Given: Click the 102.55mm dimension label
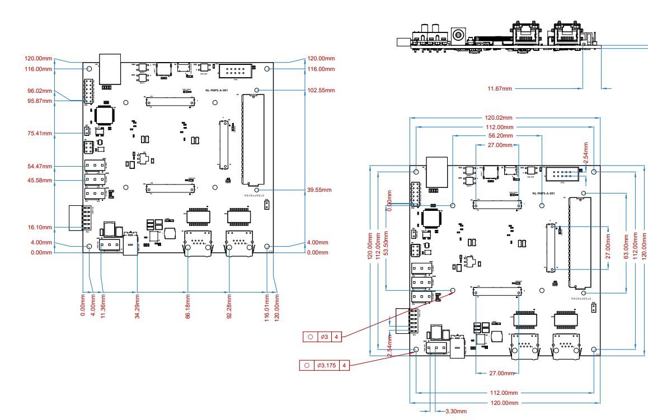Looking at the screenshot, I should (321, 90).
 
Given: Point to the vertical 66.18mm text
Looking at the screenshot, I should (188, 308).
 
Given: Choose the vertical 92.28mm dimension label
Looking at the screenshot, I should (229, 308).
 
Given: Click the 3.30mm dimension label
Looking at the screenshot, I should (456, 411).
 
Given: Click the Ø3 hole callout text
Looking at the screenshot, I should (324, 337).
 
